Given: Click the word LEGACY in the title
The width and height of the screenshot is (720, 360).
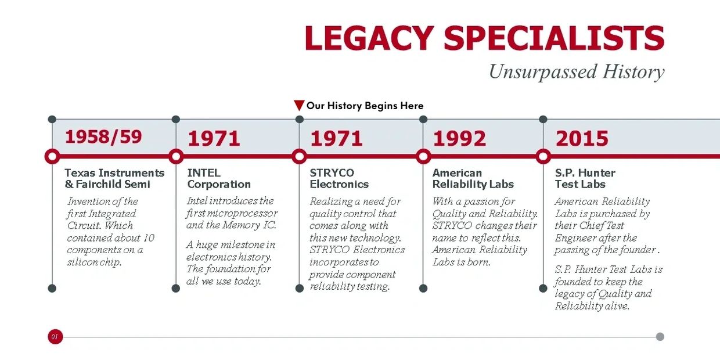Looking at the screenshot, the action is (369, 38).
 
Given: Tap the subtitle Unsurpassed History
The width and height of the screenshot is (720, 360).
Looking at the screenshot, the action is (577, 72).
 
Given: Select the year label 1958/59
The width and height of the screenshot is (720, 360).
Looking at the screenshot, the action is (103, 137).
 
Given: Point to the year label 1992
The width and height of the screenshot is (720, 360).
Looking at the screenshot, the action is (459, 139).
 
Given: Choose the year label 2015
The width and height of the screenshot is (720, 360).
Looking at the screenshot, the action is (582, 139).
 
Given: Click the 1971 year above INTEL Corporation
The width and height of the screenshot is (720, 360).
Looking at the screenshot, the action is (214, 139).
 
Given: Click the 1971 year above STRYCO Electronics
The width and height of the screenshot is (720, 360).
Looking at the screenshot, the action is (337, 139).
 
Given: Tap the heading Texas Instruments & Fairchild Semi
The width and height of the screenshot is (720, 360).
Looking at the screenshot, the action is (114, 178).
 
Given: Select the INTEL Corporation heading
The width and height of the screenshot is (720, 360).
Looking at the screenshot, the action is (219, 178).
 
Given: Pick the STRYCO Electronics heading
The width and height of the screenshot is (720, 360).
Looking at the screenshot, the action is (339, 178).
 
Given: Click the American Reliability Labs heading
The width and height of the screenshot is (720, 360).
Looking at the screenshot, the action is (473, 178).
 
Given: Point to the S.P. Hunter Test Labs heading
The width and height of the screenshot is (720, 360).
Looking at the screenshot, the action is (585, 178).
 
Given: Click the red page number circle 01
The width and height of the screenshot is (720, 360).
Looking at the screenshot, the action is (55, 337).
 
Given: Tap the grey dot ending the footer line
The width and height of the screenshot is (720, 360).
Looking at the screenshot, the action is (660, 337).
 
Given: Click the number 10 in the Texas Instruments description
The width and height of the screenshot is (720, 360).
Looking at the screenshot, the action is (149, 238).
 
